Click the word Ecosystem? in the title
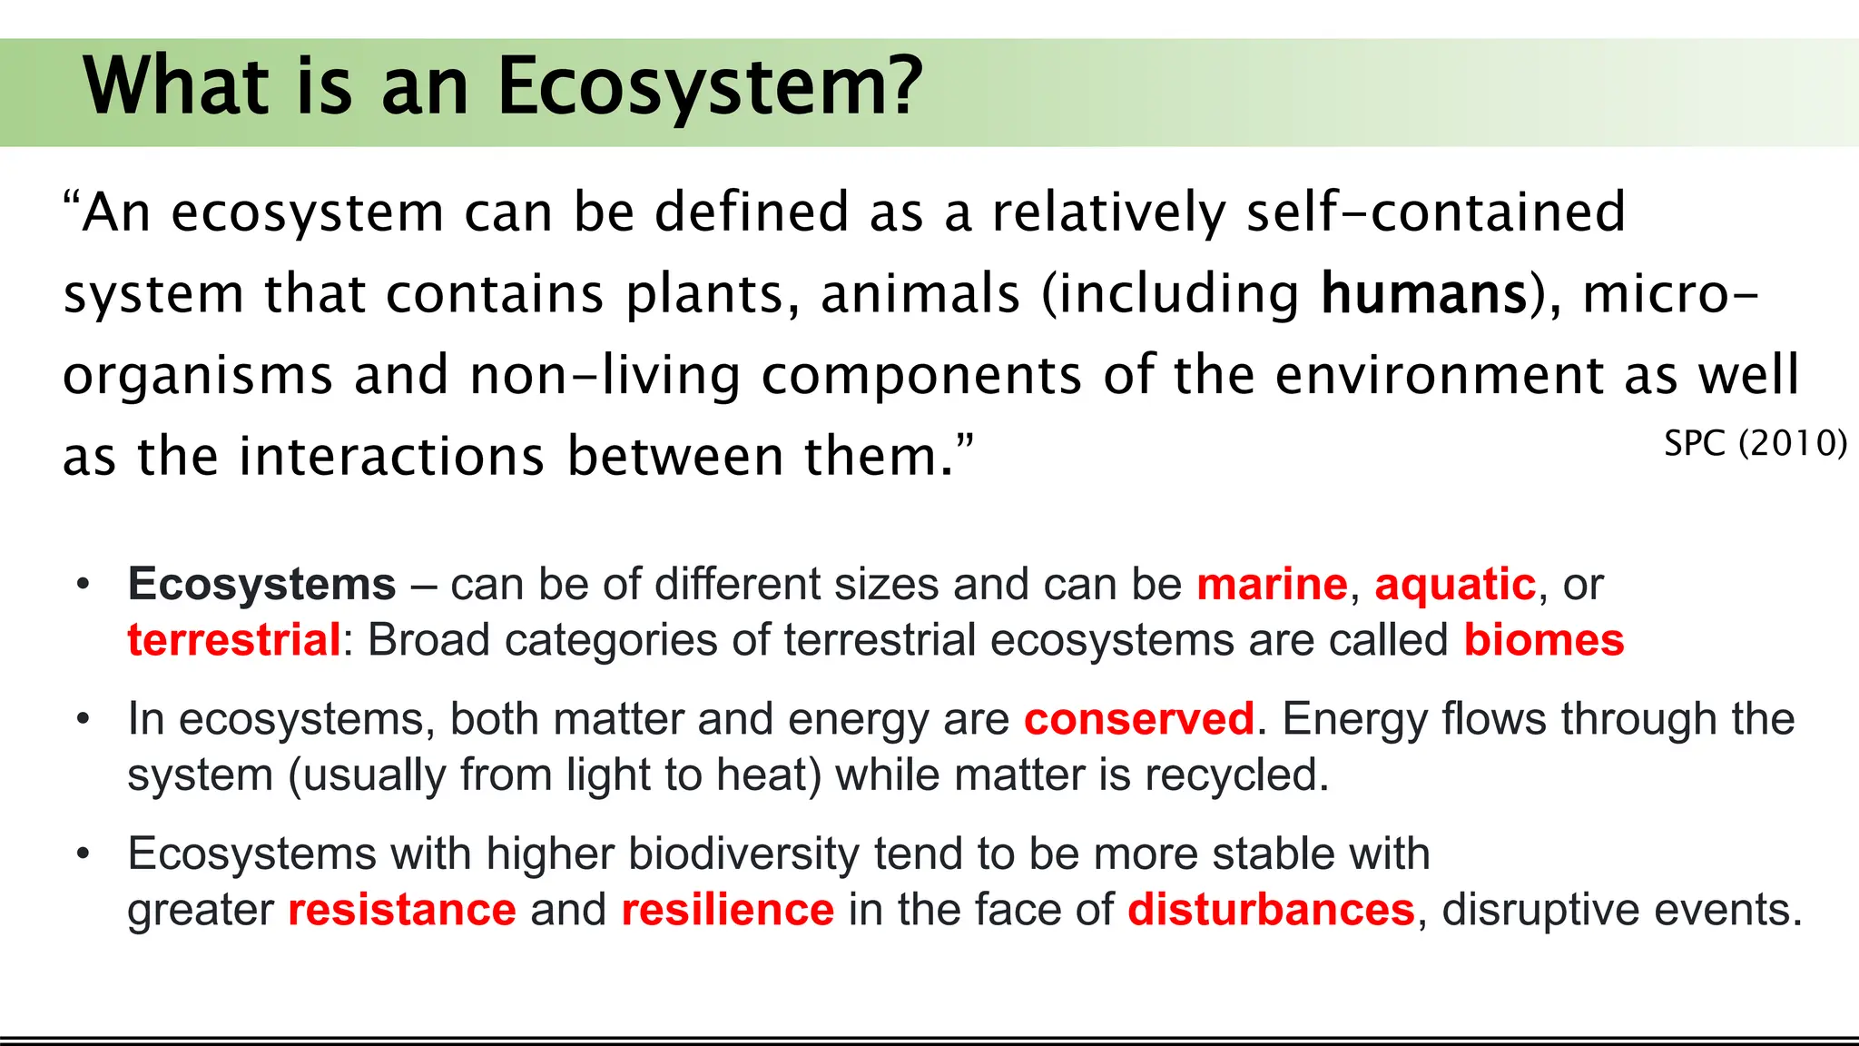coord(710,87)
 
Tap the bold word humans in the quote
coord(1424,294)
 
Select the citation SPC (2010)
coord(1756,444)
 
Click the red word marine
coord(1272,584)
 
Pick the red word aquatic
coord(1455,584)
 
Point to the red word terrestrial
coord(233,640)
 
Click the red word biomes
coord(1543,640)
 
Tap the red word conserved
coord(1139,719)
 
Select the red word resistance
coord(401,910)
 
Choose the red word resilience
coord(727,910)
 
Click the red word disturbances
coord(1271,910)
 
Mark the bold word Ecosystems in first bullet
coord(261,584)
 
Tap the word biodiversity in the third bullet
coord(743,854)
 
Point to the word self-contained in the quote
coord(1435,212)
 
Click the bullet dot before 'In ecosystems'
coord(84,719)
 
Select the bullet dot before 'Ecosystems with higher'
coord(84,854)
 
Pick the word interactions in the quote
coord(391,456)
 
